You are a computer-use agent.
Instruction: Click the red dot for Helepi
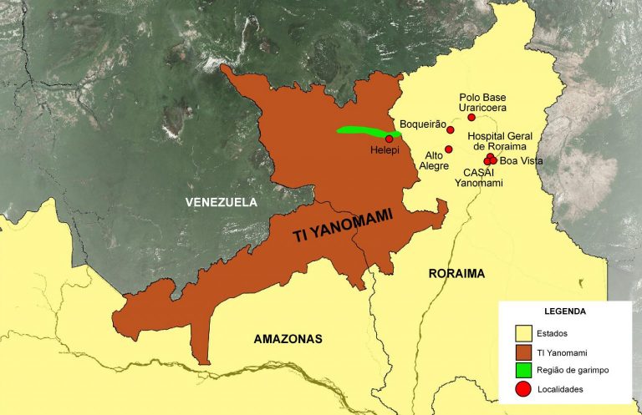(390, 139)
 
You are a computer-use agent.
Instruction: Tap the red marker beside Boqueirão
(451, 129)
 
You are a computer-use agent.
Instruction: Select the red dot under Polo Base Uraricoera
(471, 118)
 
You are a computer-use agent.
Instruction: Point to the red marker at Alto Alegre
(449, 149)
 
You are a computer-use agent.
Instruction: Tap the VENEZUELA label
(222, 202)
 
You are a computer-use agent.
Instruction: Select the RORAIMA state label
(456, 273)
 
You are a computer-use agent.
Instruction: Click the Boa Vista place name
(521, 161)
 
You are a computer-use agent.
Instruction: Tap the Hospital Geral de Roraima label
(500, 140)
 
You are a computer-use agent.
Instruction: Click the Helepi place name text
(385, 151)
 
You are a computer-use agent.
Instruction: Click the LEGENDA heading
(564, 311)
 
